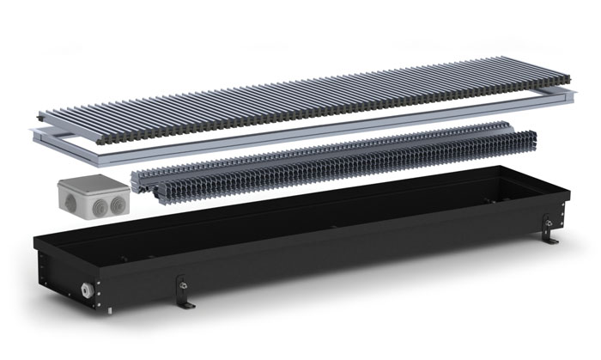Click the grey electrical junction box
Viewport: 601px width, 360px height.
click(91, 194)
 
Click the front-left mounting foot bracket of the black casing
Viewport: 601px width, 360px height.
click(183, 292)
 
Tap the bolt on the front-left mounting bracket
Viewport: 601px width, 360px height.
click(181, 284)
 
